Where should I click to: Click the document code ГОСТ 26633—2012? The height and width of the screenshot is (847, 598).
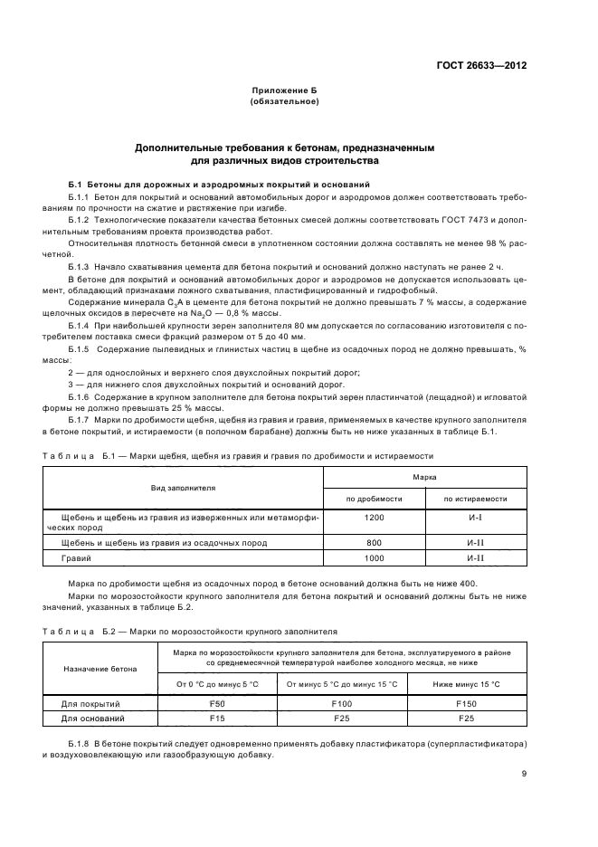pyautogui.click(x=483, y=65)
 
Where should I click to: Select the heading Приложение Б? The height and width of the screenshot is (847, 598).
pyautogui.click(x=284, y=92)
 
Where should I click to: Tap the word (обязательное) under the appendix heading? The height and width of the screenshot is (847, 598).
pyautogui.click(x=284, y=102)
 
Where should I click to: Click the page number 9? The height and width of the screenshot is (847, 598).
pyautogui.click(x=524, y=774)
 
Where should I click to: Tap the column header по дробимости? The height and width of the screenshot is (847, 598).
pyautogui.click(x=375, y=499)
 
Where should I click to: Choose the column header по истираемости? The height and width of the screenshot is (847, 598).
pyautogui.click(x=475, y=499)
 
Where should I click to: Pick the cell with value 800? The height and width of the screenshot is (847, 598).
pyautogui.click(x=375, y=542)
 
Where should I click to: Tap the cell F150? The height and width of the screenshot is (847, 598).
pyautogui.click(x=467, y=702)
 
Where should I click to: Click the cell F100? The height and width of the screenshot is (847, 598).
pyautogui.click(x=341, y=702)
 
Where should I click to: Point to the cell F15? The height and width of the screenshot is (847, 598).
pyautogui.click(x=217, y=718)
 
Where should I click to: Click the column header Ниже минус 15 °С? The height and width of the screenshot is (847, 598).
pyautogui.click(x=467, y=683)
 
